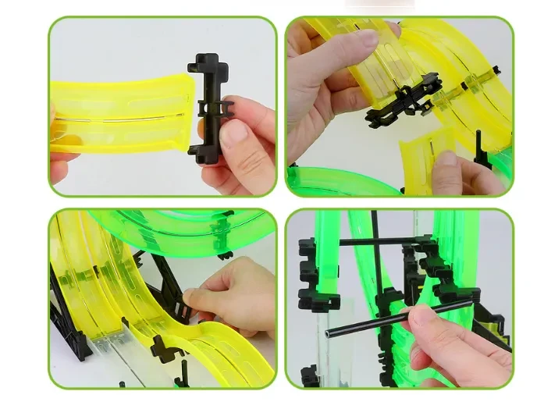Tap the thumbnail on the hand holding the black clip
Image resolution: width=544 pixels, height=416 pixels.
tap(233, 132)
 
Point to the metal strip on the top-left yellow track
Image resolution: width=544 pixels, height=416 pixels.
tap(117, 118)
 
